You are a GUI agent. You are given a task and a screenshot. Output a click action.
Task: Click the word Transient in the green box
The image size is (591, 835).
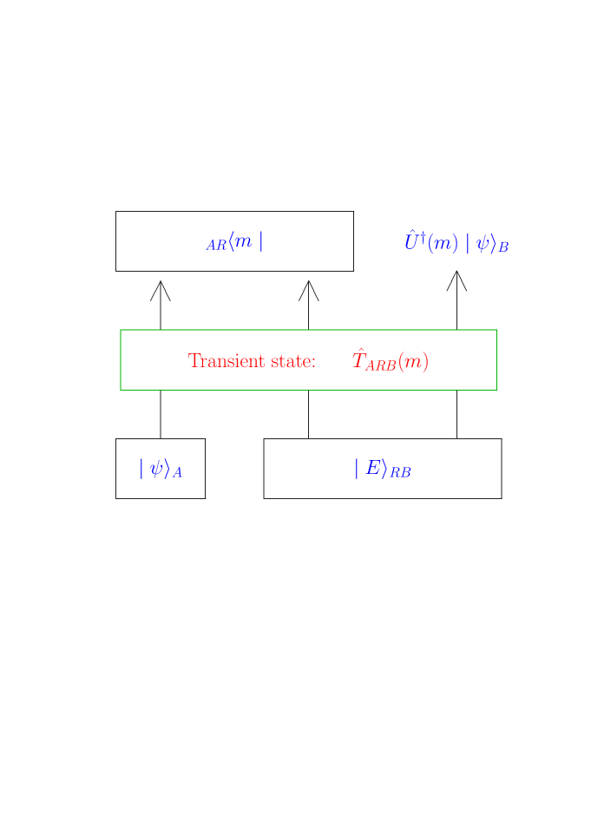click(x=220, y=361)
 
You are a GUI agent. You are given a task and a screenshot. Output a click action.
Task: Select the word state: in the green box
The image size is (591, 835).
click(x=292, y=361)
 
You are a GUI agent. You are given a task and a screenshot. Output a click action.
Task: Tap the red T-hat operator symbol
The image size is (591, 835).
click(x=358, y=359)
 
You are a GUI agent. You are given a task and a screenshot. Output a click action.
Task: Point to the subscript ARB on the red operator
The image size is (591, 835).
click(x=380, y=365)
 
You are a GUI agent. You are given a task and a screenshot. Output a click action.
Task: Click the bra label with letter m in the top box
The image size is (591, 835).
click(x=244, y=241)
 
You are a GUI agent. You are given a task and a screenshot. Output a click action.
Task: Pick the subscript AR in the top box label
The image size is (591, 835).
click(x=216, y=246)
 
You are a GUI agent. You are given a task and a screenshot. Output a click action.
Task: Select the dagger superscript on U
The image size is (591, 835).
click(x=423, y=235)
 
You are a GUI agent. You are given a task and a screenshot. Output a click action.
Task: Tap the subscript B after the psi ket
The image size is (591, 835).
click(x=503, y=247)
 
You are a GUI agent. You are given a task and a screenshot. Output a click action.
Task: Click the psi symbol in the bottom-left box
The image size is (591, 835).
click(x=157, y=469)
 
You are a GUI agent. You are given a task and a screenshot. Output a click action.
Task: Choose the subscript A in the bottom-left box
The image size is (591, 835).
click(x=177, y=474)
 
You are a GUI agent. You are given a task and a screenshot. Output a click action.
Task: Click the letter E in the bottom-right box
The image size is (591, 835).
click(x=372, y=468)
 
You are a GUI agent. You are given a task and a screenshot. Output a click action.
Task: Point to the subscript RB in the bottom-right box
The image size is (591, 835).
click(x=400, y=473)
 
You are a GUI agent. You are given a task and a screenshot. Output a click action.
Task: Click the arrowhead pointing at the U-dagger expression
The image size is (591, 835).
click(x=457, y=280)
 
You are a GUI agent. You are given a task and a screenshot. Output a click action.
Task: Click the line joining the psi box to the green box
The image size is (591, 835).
click(x=161, y=414)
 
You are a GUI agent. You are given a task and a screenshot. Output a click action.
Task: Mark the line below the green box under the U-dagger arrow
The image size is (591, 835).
click(x=457, y=414)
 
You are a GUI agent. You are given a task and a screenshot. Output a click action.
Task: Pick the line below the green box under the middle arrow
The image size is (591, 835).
click(x=309, y=414)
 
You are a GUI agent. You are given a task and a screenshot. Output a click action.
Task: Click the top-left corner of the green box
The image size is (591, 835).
click(x=121, y=330)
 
